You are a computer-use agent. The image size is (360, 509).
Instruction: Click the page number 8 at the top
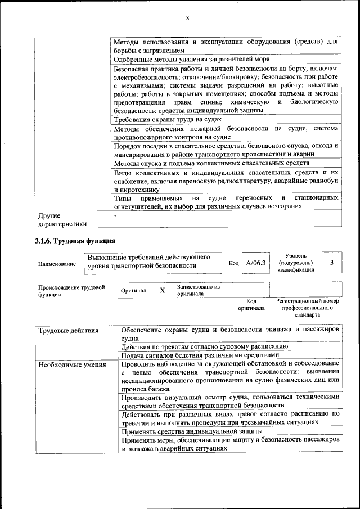188,19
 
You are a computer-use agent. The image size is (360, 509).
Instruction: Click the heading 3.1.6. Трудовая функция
75,241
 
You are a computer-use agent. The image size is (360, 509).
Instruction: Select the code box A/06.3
255,263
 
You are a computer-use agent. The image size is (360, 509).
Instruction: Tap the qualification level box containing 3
332,263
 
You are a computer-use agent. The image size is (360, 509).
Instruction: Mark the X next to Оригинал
162,290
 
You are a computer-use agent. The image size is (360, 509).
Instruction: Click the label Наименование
57,264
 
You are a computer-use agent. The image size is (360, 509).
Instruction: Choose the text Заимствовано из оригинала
198,290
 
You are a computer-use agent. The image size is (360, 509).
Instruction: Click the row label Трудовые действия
69,330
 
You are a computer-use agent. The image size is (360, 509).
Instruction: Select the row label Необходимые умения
73,365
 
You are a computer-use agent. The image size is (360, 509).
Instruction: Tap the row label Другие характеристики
62,219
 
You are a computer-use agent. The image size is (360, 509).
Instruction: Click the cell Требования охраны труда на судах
168,119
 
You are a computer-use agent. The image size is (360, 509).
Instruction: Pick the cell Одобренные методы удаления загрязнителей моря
191,59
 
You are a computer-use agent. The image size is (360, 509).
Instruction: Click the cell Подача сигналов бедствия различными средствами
200,355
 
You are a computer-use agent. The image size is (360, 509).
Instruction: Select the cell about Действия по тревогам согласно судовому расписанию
204,346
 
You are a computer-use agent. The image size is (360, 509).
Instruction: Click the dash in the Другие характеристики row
115,215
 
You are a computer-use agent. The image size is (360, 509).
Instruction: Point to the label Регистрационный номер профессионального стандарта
307,308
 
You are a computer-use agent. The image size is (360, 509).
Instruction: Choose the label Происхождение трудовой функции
71,291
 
